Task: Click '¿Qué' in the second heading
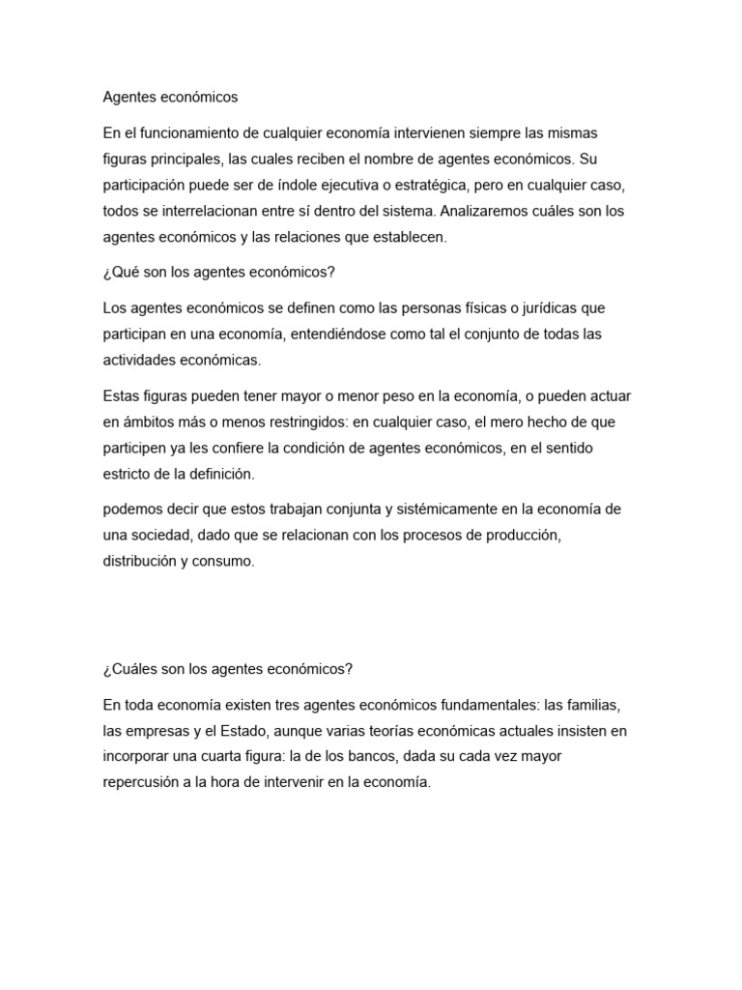tap(120, 272)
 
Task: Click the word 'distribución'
tap(144, 562)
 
